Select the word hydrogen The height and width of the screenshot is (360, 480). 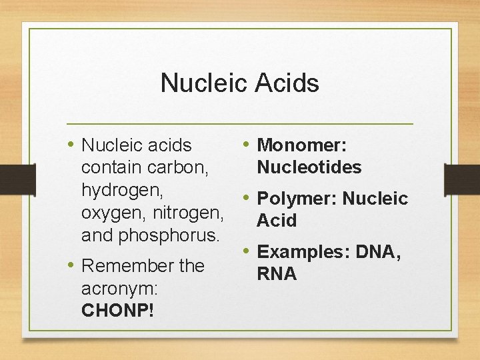coord(122,190)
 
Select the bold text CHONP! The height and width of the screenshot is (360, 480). coord(117,310)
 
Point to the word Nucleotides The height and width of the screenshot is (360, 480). coord(309,167)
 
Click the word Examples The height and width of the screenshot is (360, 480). coord(303,252)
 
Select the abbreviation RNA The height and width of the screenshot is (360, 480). coord(277,274)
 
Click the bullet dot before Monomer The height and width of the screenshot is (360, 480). coord(247,143)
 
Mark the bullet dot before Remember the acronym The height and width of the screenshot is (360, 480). coord(71,264)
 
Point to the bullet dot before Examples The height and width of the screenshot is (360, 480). coord(247,251)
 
